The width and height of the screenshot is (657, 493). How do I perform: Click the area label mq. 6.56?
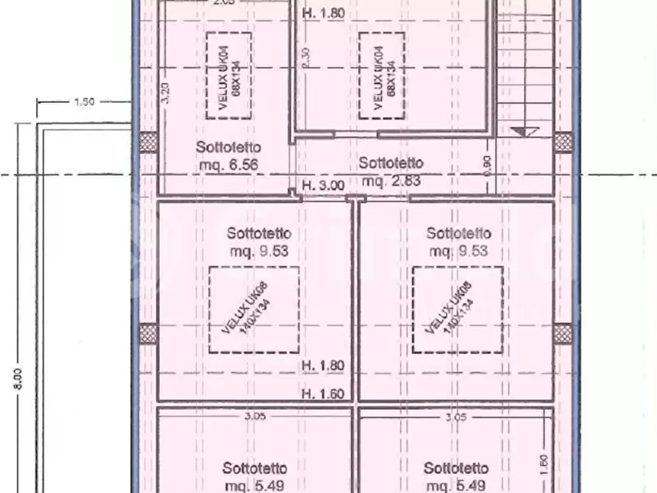click(x=229, y=165)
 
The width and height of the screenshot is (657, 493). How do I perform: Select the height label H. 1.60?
click(x=323, y=394)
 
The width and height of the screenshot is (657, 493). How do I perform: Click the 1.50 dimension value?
click(x=85, y=102)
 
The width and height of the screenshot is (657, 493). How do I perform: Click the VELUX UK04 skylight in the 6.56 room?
click(x=228, y=75)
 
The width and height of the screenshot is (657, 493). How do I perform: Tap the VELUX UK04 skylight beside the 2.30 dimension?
click(x=382, y=75)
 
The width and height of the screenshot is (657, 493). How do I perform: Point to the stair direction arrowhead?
click(x=525, y=132)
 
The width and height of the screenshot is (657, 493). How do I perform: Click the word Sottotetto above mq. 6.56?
click(x=228, y=147)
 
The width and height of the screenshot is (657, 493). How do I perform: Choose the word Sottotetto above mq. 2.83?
click(x=391, y=163)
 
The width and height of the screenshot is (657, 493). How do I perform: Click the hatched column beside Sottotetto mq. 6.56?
click(x=148, y=142)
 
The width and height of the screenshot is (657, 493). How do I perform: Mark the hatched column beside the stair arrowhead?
click(x=564, y=142)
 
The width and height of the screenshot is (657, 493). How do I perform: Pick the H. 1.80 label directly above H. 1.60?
click(x=323, y=365)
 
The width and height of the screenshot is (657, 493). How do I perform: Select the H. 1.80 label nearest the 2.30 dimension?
click(x=323, y=13)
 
